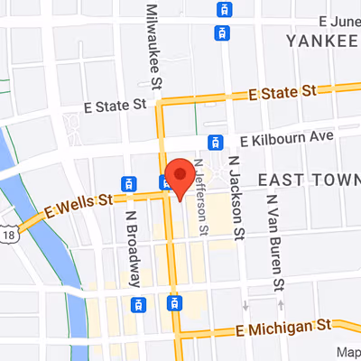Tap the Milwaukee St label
[154, 45]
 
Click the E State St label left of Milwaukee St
[115, 106]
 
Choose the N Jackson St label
[236, 208]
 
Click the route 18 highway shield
[9, 233]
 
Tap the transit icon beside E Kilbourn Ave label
[215, 142]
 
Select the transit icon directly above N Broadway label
[130, 183]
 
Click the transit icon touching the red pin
[166, 183]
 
